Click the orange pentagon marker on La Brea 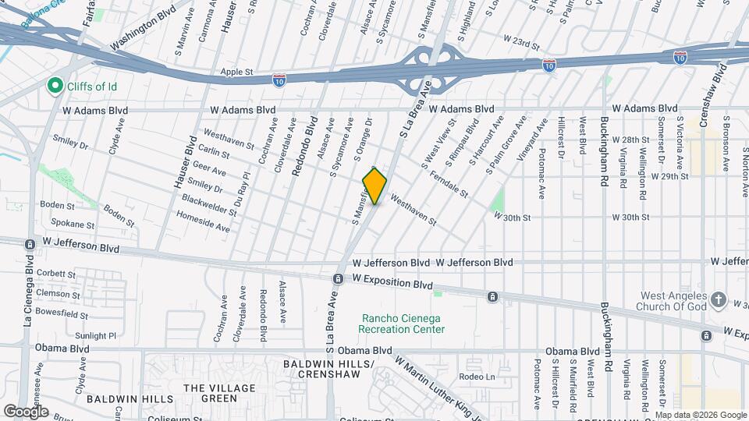click(x=374, y=186)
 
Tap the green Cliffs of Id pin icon click(x=55, y=85)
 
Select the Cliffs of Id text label click(x=91, y=86)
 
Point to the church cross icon click(x=719, y=299)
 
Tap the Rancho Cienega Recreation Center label click(x=402, y=324)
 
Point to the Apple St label click(x=237, y=71)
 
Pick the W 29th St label click(x=670, y=176)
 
